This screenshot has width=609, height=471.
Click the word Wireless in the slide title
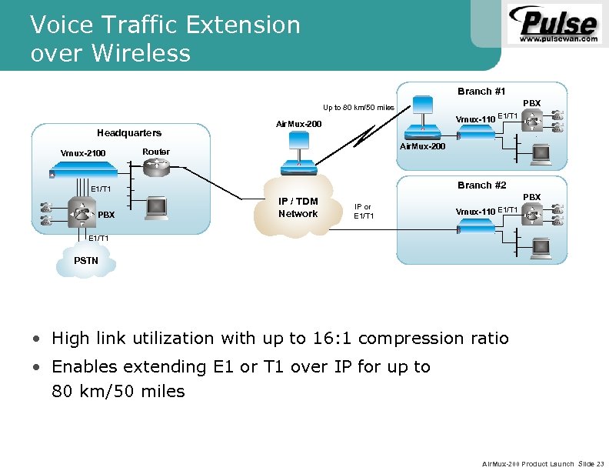[x=141, y=53]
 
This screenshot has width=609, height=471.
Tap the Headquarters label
[x=129, y=133]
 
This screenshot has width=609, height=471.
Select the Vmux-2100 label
[x=83, y=152]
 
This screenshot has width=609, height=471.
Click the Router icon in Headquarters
[x=157, y=171]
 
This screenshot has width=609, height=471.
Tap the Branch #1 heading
[x=481, y=92]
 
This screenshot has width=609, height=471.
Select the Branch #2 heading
[x=481, y=185]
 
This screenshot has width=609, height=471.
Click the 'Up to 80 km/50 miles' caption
[x=358, y=108]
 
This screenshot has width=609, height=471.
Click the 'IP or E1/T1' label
[x=363, y=211]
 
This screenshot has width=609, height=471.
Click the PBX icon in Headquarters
[x=79, y=210]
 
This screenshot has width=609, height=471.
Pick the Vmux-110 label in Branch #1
[x=475, y=119]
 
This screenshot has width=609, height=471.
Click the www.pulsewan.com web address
[x=559, y=38]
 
